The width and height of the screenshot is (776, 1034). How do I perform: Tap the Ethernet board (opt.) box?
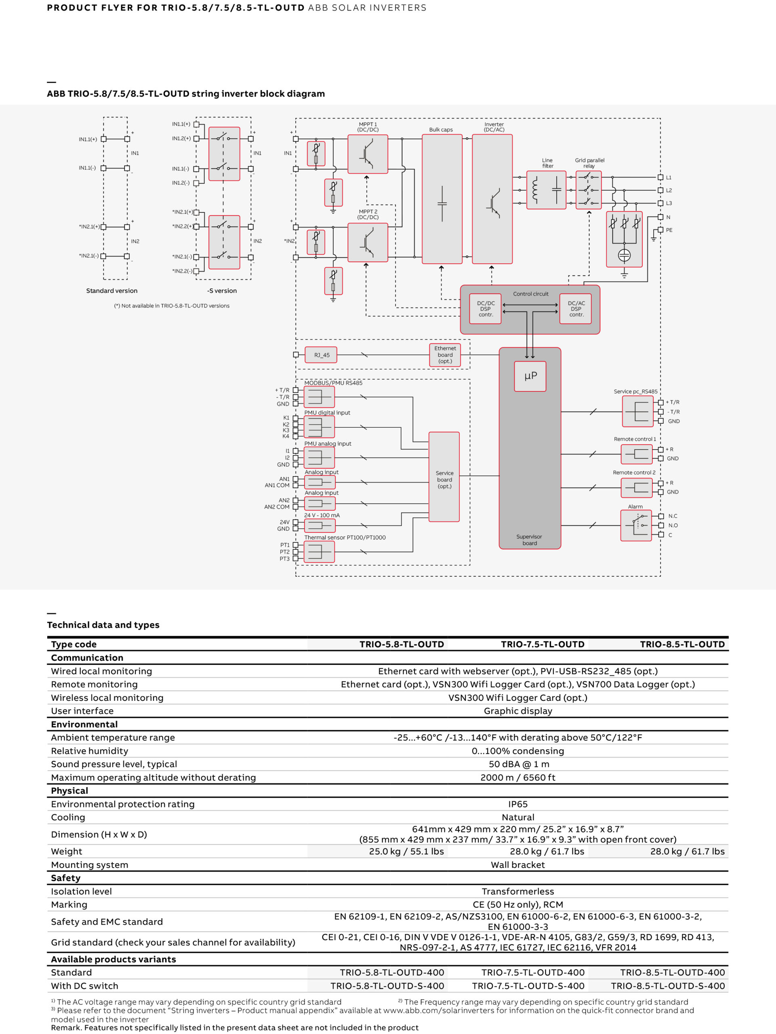click(445, 355)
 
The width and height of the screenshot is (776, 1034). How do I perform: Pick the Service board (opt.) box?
click(444, 477)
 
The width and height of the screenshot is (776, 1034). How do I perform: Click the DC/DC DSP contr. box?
click(486, 309)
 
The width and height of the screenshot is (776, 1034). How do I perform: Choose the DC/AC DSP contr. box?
click(576, 309)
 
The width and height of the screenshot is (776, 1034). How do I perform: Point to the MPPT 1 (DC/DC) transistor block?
click(368, 154)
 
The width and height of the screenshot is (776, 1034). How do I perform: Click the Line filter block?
click(547, 190)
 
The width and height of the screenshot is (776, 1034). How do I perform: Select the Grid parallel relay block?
click(589, 190)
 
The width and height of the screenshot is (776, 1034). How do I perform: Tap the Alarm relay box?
click(636, 525)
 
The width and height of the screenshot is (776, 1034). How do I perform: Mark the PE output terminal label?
click(669, 230)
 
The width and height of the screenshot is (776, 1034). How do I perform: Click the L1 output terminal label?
click(669, 178)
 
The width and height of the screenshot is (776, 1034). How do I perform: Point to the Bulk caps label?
click(441, 130)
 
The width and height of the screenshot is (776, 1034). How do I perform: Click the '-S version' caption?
click(222, 291)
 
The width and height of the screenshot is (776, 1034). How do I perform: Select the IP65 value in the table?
click(518, 804)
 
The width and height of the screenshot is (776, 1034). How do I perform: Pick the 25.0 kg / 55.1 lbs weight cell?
click(406, 851)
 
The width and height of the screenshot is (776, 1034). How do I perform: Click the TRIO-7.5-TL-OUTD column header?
click(543, 644)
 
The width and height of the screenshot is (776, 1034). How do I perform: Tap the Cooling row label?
click(68, 817)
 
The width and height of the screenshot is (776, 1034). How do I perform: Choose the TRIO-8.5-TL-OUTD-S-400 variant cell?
click(668, 986)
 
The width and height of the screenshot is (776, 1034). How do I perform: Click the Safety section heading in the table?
click(65, 878)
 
